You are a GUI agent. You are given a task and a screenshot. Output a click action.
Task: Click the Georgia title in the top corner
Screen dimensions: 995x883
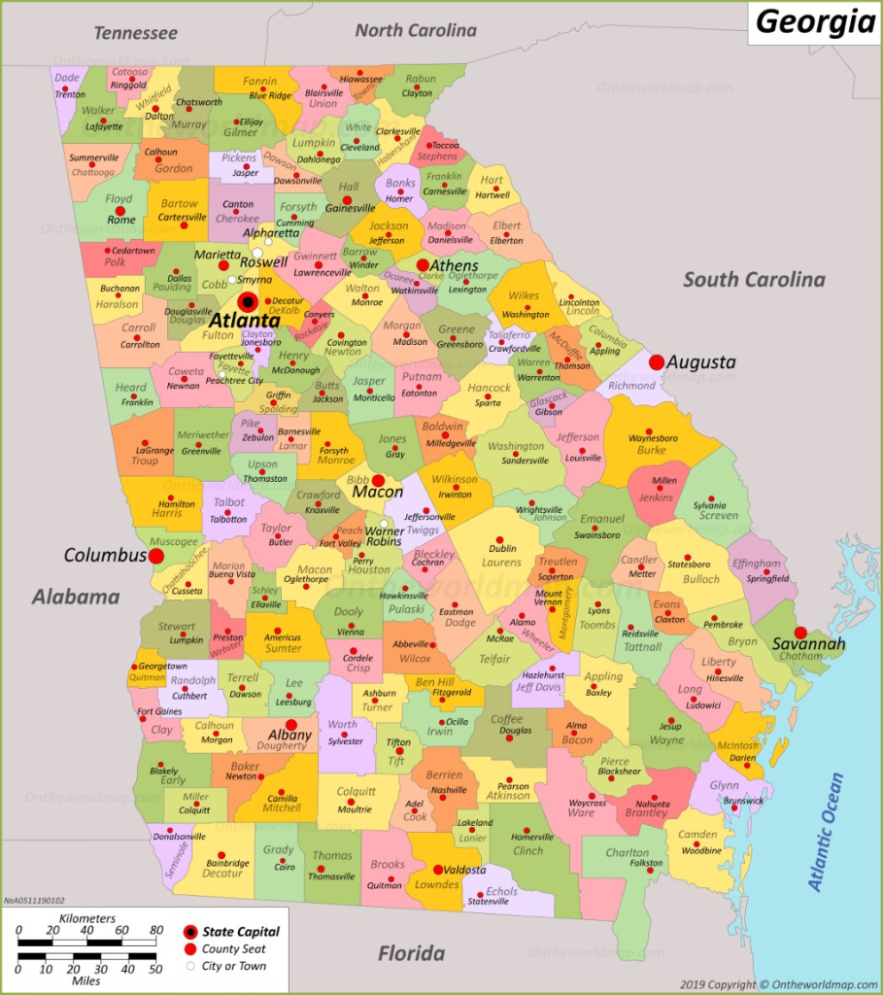tap(816, 21)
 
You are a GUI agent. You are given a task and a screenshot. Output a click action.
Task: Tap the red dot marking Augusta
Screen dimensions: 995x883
tap(657, 361)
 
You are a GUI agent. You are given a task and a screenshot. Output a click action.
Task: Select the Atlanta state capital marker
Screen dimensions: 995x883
tap(248, 302)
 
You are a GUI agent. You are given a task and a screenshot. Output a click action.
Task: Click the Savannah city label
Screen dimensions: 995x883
tap(808, 644)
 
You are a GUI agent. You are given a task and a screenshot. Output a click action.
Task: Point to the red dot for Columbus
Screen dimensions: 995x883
tap(155, 556)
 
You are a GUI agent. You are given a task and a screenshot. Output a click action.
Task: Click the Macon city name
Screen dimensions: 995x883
tap(377, 493)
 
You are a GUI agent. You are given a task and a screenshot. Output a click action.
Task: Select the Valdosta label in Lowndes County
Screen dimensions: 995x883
tap(460, 870)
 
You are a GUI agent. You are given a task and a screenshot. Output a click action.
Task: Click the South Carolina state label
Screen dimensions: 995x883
tap(754, 280)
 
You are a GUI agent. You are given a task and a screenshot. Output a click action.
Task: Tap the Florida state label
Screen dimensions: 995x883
tap(411, 952)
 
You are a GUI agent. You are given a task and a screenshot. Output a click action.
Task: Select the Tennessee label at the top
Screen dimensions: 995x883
tap(136, 33)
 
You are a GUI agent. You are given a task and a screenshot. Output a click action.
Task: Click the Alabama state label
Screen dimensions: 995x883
tap(75, 597)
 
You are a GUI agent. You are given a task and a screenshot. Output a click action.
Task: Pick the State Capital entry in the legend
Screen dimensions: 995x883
tap(240, 931)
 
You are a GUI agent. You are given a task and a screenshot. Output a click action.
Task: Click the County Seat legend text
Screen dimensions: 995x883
tap(233, 948)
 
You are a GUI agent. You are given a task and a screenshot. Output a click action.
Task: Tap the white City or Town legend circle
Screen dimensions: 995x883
tap(189, 966)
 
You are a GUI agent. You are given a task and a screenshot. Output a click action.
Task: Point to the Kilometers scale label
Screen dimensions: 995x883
tap(86, 918)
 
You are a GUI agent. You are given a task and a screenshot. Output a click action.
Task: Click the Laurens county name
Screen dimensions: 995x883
tap(502, 562)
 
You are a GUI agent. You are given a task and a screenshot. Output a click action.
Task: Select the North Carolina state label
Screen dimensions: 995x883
tap(416, 30)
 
